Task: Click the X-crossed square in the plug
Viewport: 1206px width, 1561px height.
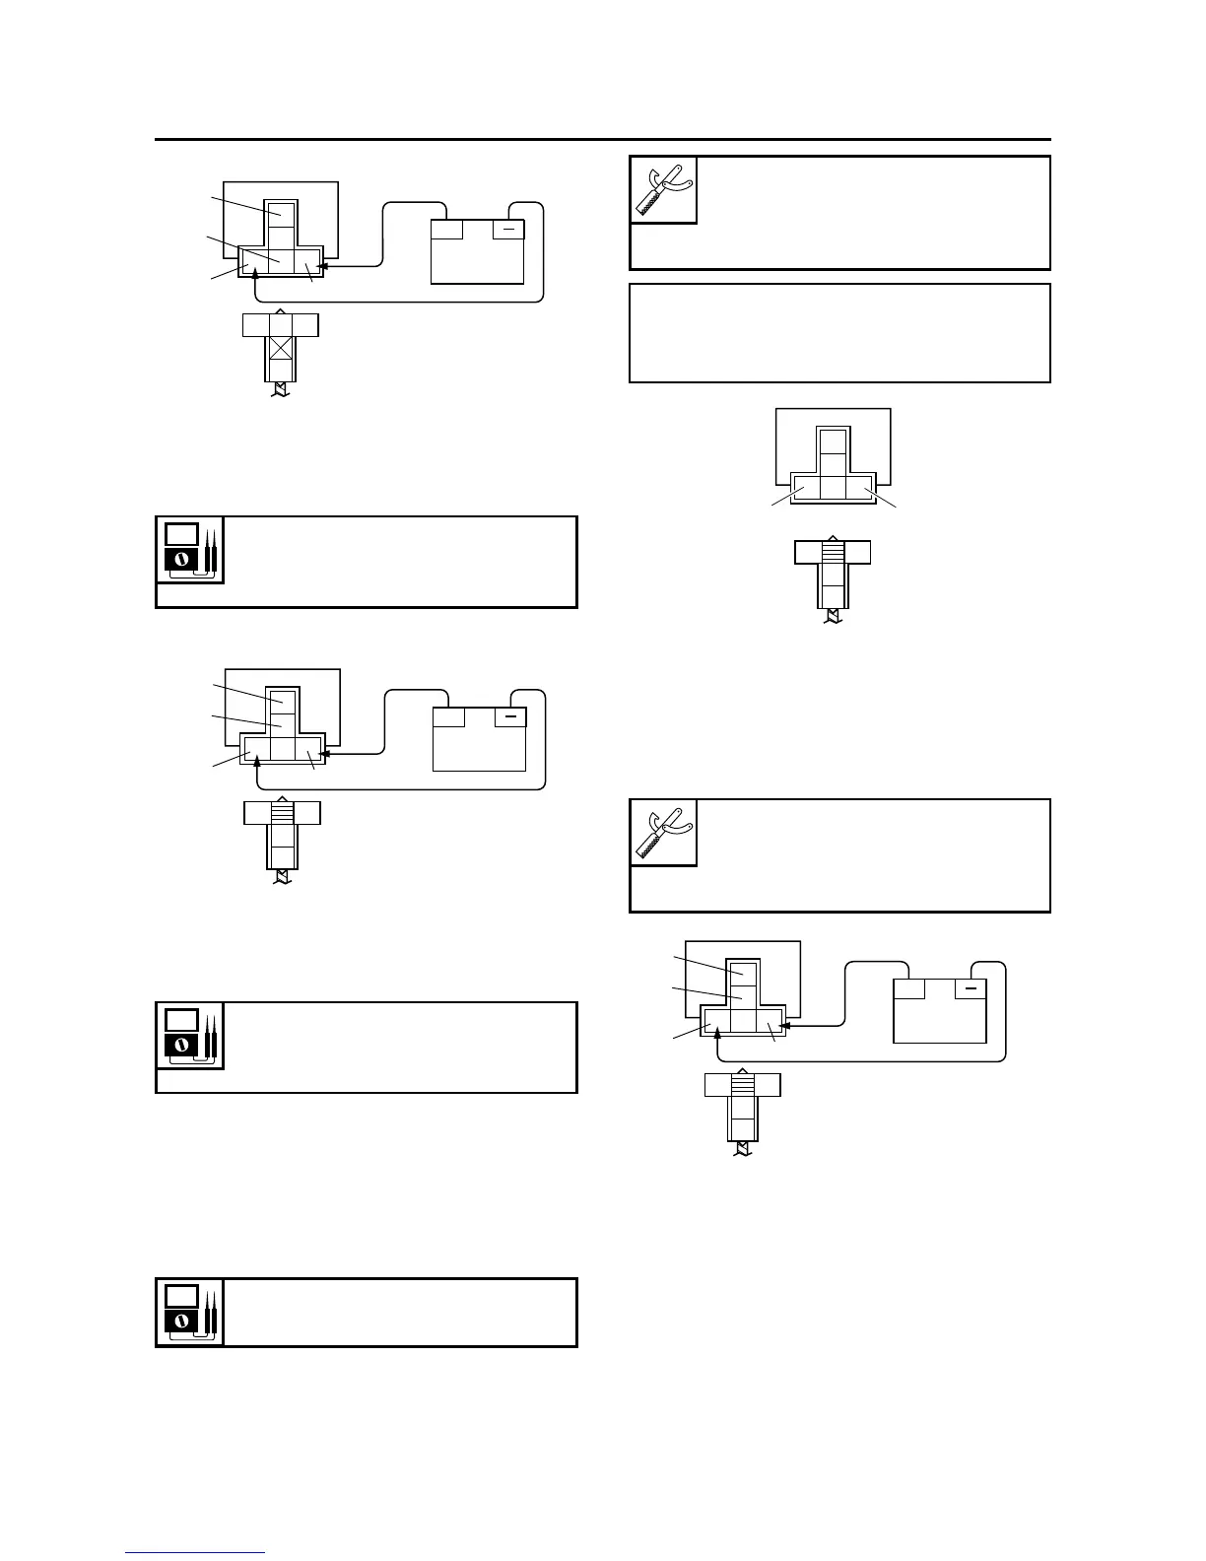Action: click(x=282, y=348)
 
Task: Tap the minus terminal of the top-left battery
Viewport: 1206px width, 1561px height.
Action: click(x=508, y=230)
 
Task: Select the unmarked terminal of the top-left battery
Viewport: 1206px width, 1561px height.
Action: click(x=447, y=230)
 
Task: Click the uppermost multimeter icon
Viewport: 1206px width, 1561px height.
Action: click(x=189, y=549)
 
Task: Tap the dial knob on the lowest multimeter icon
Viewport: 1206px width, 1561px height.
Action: click(x=180, y=1320)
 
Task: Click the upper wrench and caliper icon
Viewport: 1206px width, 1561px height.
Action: click(x=663, y=189)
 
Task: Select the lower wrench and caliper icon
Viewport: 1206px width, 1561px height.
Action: click(x=663, y=833)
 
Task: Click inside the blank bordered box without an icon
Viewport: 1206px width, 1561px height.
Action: click(x=839, y=333)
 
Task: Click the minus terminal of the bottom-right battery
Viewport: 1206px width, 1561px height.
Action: click(x=971, y=988)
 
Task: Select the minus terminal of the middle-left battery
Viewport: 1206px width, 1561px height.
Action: click(x=510, y=716)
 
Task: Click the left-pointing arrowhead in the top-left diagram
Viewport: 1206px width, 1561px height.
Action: click(x=323, y=266)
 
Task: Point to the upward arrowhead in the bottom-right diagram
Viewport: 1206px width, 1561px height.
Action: click(x=717, y=1033)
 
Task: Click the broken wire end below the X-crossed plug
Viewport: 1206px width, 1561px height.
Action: click(x=282, y=392)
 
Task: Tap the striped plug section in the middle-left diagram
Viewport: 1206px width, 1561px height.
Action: click(x=283, y=813)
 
